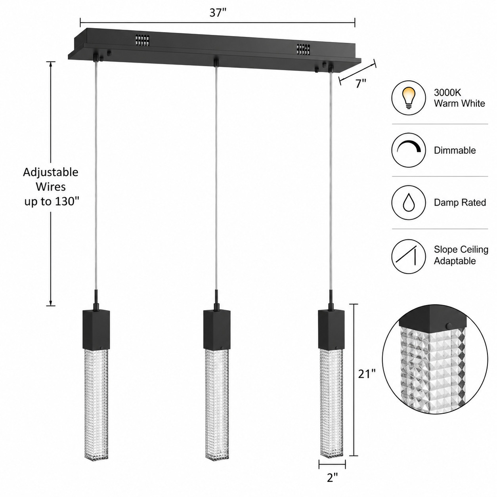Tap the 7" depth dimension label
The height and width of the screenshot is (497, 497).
click(x=361, y=84)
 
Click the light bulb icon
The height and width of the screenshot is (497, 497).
click(x=408, y=98)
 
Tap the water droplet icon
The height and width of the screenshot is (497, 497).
click(x=408, y=203)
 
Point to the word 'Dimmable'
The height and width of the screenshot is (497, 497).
click(x=455, y=150)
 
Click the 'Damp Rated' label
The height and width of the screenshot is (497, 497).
click(x=460, y=203)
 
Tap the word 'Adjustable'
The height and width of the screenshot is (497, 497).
click(x=51, y=172)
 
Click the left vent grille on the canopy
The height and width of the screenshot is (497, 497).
click(x=142, y=40)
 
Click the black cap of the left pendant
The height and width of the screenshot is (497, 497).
click(x=96, y=329)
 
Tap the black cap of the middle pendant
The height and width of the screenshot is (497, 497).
click(x=217, y=329)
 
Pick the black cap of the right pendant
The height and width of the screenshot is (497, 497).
click(x=331, y=329)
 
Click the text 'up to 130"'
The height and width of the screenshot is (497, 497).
click(x=51, y=202)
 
